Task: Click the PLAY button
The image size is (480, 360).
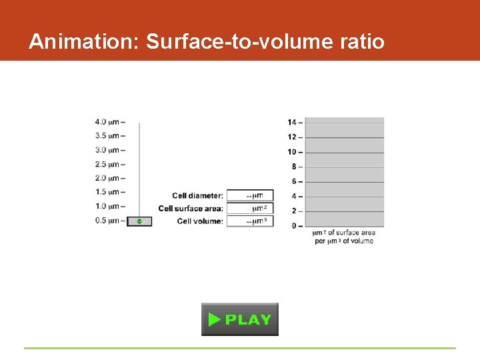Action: (x=240, y=319)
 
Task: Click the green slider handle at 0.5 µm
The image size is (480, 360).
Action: (x=139, y=221)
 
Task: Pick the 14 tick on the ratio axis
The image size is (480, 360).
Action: (x=293, y=123)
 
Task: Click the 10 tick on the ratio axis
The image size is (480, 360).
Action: (x=293, y=152)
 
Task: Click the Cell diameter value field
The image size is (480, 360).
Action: (x=250, y=195)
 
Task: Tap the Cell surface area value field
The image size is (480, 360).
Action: (x=250, y=208)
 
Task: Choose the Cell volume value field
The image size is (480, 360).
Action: (x=250, y=221)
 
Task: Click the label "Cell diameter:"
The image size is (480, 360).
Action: (x=197, y=196)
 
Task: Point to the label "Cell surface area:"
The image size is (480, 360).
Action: (x=191, y=209)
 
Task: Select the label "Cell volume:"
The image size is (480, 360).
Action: (x=200, y=221)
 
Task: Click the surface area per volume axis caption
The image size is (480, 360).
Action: (x=344, y=237)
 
